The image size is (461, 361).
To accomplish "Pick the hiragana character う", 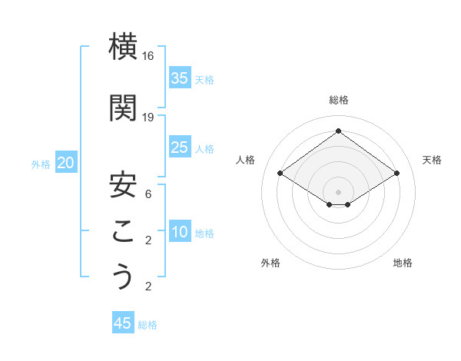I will click(124, 277).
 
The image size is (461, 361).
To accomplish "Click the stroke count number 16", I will click(149, 56).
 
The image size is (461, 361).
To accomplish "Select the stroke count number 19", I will click(149, 117).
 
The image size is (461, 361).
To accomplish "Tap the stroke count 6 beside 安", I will click(149, 194).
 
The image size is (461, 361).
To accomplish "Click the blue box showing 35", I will click(180, 78).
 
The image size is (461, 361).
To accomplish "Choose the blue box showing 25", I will click(180, 147).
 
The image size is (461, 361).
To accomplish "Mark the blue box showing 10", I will click(180, 233).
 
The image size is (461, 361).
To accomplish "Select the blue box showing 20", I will click(66, 163).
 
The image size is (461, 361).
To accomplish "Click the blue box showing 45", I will click(123, 323).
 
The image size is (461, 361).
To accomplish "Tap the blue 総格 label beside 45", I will click(148, 325).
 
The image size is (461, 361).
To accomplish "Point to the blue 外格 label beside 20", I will click(41, 164).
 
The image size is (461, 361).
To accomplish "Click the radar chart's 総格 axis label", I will click(338, 101).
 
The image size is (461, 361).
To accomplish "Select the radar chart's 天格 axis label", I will click(432, 160).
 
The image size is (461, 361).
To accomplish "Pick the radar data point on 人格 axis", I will click(280, 174).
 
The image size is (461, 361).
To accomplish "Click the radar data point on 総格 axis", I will click(338, 131).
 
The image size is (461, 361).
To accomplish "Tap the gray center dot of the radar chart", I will click(338, 190).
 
